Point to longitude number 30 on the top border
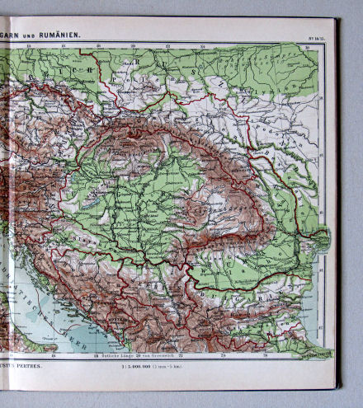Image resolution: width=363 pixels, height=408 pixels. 306,48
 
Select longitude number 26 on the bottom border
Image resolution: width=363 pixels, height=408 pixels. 263,355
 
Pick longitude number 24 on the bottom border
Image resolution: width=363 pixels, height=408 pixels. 224,355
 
